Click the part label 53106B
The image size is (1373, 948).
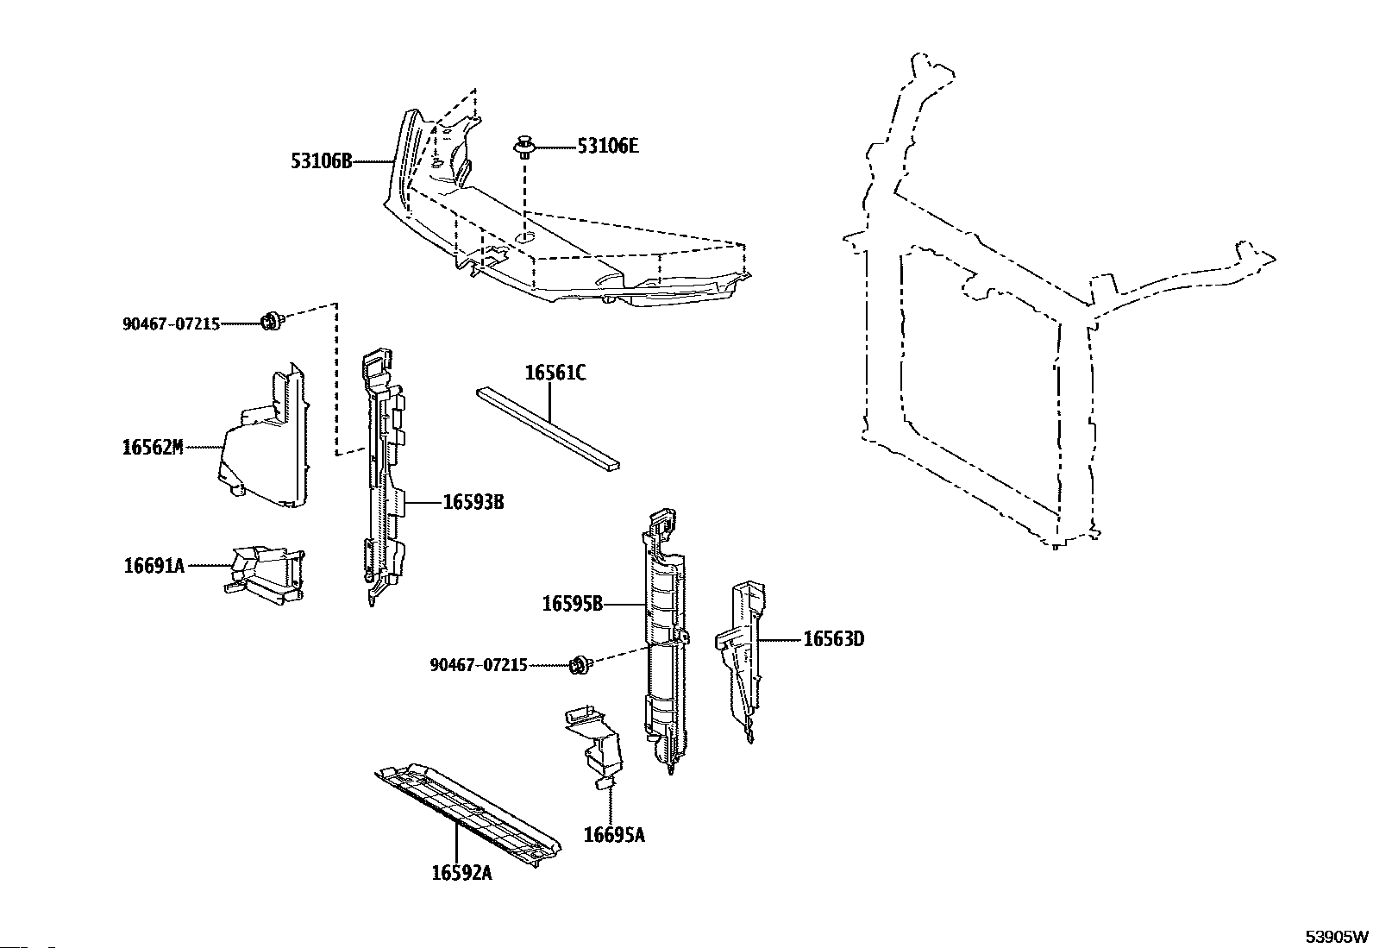[x=321, y=160]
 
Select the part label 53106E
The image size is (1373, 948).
[x=608, y=147]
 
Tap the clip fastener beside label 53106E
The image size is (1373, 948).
[x=523, y=147]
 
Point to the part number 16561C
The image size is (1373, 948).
[x=555, y=374]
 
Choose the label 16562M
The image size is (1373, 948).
[x=153, y=447]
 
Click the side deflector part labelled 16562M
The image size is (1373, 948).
[x=263, y=444]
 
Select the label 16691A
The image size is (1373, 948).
[x=154, y=566]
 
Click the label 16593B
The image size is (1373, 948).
[x=473, y=501]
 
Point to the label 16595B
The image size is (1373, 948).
[x=572, y=604]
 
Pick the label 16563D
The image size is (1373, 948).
[x=833, y=639]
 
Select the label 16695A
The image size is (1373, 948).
[x=613, y=834]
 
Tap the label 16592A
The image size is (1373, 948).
[x=461, y=872]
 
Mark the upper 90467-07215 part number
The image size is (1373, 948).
[x=171, y=324]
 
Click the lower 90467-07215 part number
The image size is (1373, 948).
[x=478, y=665]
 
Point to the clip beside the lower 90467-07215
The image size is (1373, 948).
[x=580, y=664]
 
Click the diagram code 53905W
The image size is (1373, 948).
[x=1336, y=936]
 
